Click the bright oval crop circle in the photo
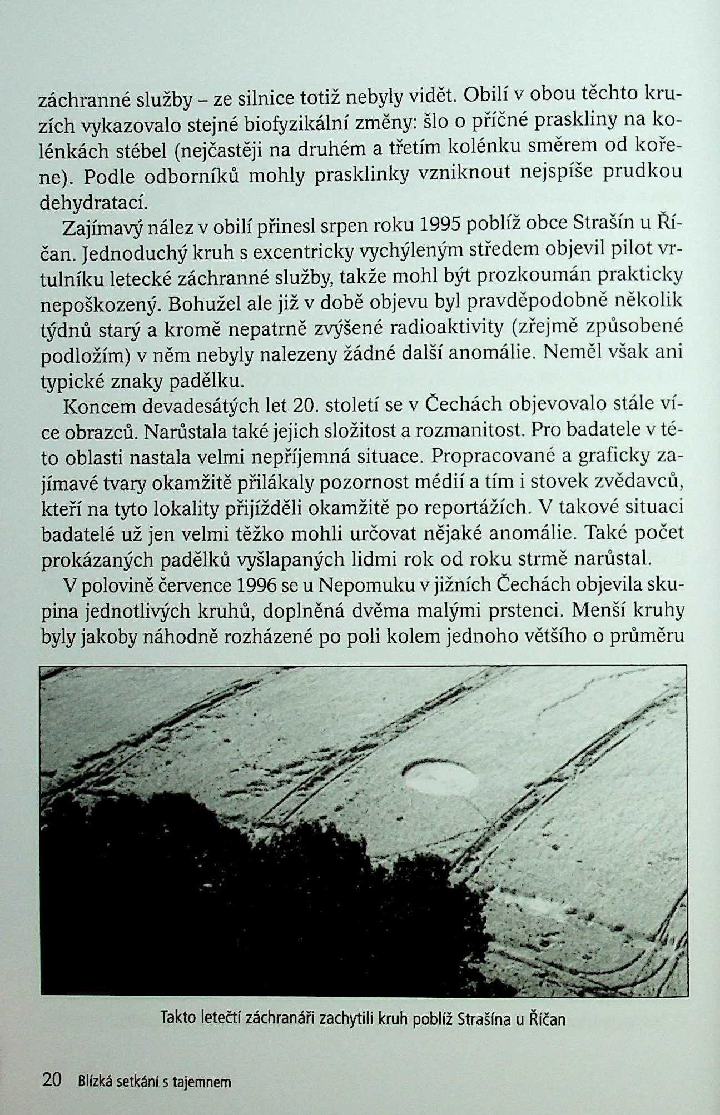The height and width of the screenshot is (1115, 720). click(x=441, y=776)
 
